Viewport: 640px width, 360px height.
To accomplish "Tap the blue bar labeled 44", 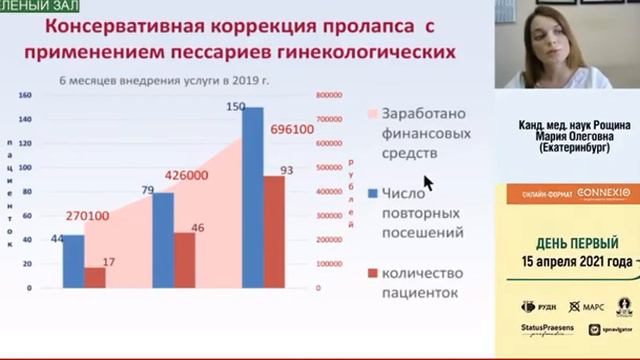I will click(x=74, y=262).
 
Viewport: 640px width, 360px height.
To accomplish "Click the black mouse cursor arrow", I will click(x=428, y=182).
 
